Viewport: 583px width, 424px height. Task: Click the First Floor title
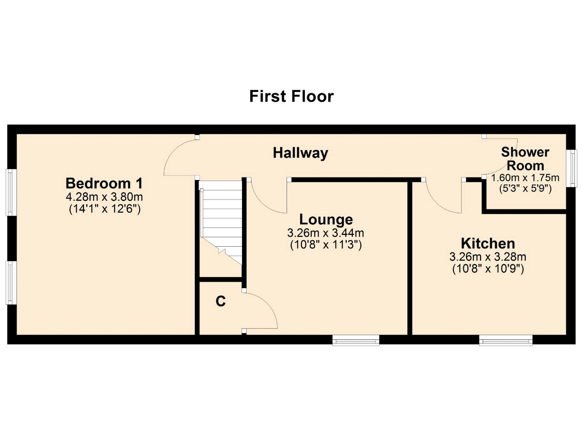tap(291, 96)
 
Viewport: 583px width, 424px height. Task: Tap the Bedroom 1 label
tap(104, 183)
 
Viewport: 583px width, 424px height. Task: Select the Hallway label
tap(300, 153)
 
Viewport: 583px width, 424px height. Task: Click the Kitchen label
tap(488, 244)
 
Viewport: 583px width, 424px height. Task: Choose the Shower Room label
tap(525, 159)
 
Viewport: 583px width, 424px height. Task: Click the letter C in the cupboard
tap(221, 301)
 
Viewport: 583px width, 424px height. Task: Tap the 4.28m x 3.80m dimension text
tap(104, 197)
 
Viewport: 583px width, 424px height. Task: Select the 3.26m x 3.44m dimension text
tap(326, 233)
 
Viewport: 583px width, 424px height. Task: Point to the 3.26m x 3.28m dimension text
tap(488, 257)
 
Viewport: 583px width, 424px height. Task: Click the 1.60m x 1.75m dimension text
tap(525, 178)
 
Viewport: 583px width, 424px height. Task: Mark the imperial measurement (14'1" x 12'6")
tap(105, 209)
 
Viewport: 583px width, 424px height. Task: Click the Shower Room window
tap(572, 168)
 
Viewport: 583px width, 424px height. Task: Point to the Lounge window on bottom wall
tap(356, 340)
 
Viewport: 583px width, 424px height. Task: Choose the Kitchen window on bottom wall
tap(506, 340)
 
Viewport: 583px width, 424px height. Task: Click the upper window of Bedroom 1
tap(11, 192)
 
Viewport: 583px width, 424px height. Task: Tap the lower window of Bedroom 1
tap(11, 282)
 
